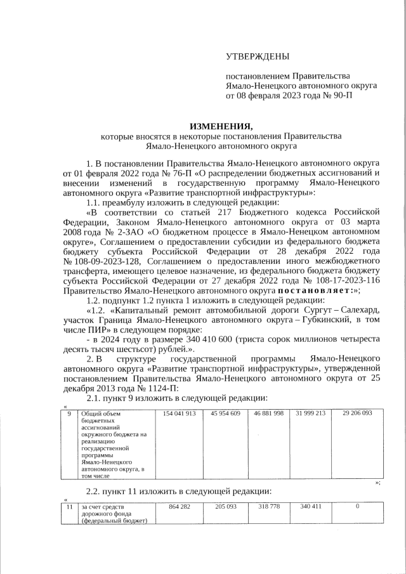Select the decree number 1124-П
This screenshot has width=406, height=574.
(159, 388)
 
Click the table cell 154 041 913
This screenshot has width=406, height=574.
(179, 414)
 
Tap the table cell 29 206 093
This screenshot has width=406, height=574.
(357, 414)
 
